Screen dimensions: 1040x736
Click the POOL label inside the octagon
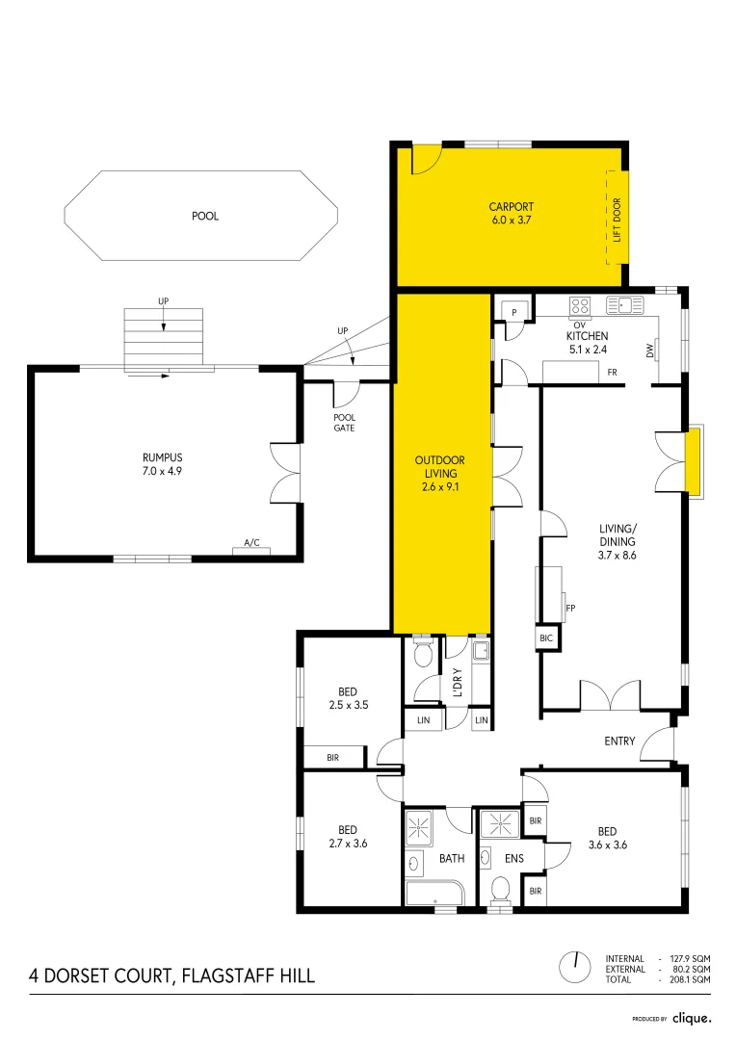pyautogui.click(x=205, y=217)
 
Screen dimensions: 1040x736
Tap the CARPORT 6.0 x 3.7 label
pyautogui.click(x=510, y=213)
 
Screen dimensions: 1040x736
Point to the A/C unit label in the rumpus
pyautogui.click(x=251, y=543)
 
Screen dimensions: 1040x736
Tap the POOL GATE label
pyautogui.click(x=344, y=422)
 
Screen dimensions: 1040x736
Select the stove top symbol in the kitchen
pyautogui.click(x=580, y=306)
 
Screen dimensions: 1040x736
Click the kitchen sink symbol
pyautogui.click(x=625, y=306)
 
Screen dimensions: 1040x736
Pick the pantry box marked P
pyautogui.click(x=514, y=312)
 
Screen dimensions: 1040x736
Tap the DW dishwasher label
pyautogui.click(x=650, y=353)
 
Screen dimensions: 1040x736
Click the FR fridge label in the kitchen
pyautogui.click(x=612, y=372)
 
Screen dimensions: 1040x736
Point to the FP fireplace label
pyautogui.click(x=570, y=609)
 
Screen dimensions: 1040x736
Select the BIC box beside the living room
pyautogui.click(x=546, y=638)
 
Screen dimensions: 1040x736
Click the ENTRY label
pyautogui.click(x=619, y=741)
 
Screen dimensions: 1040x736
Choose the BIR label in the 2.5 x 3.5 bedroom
pyautogui.click(x=332, y=758)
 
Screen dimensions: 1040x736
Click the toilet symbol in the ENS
pyautogui.click(x=500, y=889)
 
